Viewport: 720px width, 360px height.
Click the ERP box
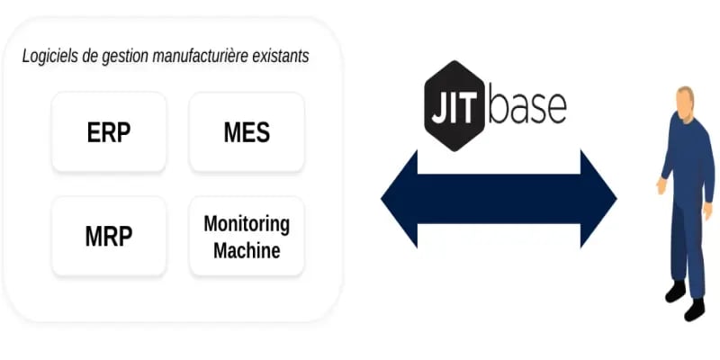(109, 132)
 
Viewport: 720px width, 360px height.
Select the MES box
(247, 132)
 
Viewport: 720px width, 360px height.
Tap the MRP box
(109, 237)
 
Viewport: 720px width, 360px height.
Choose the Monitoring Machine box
(247, 237)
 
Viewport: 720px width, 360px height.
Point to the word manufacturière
(195, 57)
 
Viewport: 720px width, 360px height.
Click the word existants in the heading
(279, 57)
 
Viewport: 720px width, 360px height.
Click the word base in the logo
(527, 105)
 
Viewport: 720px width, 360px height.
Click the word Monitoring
(247, 224)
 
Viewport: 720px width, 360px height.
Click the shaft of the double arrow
(499, 199)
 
